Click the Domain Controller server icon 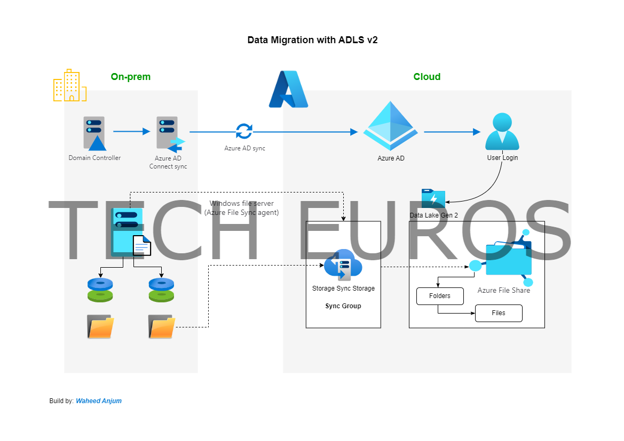click(94, 133)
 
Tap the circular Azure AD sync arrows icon click(244, 131)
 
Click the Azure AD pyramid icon click(391, 126)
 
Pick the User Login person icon click(502, 132)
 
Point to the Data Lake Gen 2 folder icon click(433, 198)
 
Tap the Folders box click(440, 296)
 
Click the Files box click(499, 313)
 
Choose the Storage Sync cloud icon click(343, 264)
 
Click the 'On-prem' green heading click(131, 77)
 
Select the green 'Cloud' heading click(427, 77)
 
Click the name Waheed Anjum click(99, 401)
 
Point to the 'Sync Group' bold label click(343, 306)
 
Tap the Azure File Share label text click(503, 291)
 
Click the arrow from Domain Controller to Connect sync click(131, 131)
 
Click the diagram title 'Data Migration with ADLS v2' click(312, 40)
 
